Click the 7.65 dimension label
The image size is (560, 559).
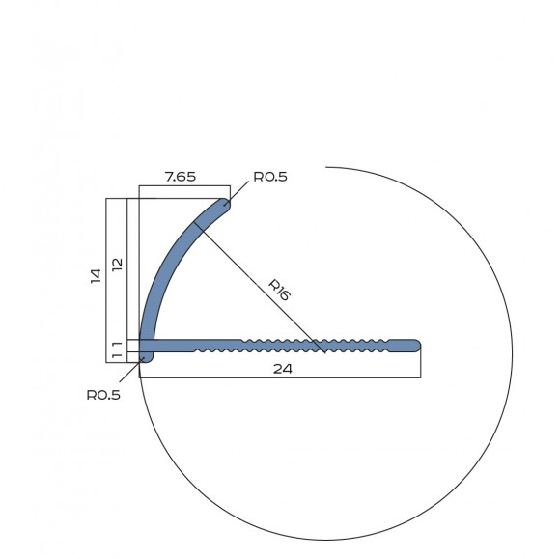[x=181, y=177]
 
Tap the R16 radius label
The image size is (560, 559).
[x=279, y=290]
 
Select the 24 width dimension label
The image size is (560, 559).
[x=283, y=369]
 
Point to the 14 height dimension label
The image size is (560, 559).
[x=96, y=276]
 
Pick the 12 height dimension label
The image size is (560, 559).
[x=117, y=265]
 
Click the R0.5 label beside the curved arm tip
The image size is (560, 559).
[x=270, y=177]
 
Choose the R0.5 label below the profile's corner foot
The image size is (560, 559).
[x=103, y=395]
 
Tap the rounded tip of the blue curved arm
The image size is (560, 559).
[x=224, y=205]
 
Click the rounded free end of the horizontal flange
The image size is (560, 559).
[x=415, y=346]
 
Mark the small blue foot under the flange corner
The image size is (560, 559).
[x=147, y=357]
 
